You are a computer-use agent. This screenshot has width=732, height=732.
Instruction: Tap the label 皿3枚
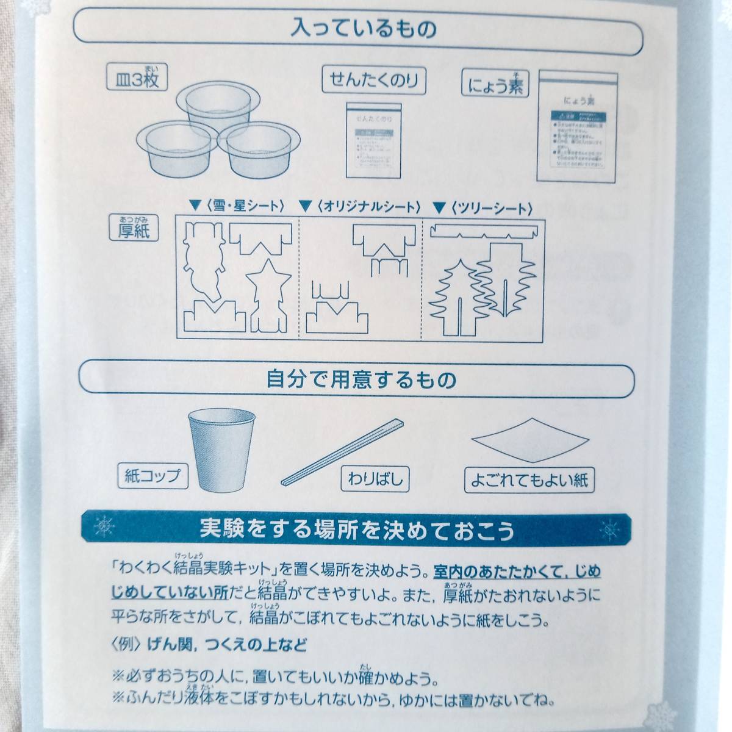(137, 79)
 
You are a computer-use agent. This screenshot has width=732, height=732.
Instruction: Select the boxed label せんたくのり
(374, 80)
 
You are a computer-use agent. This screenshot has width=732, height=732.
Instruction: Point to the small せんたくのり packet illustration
(374, 139)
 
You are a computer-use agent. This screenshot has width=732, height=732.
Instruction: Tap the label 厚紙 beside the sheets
(134, 231)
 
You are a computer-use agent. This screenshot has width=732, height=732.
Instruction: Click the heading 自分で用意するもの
(362, 379)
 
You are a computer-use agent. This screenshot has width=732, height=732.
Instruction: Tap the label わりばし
(376, 478)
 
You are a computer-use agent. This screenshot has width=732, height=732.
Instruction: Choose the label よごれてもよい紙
(529, 479)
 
